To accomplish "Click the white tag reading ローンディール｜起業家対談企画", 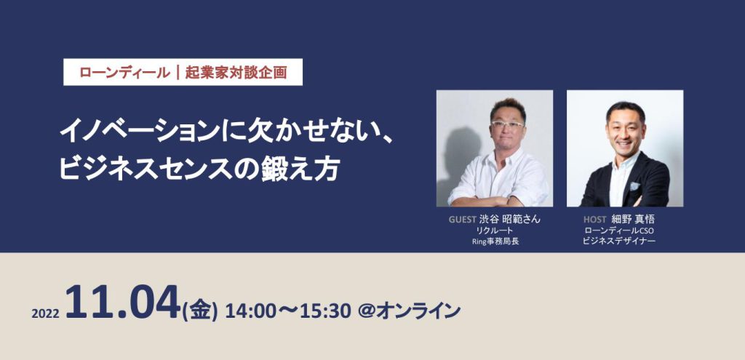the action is click(183, 72).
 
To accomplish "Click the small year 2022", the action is click(45, 314).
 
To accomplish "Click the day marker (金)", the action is click(199, 311).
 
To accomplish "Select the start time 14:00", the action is click(246, 311).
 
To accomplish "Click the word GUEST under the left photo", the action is click(463, 220).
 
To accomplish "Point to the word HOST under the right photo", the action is click(594, 220).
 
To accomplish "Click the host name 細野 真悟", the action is click(634, 220).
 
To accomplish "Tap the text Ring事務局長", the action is click(495, 241).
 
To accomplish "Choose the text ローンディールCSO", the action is click(619, 231).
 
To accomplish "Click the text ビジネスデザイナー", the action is click(619, 241).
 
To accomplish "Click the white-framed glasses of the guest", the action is click(507, 124).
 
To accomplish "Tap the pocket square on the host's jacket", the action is click(634, 185).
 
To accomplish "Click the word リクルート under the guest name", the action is click(495, 231).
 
